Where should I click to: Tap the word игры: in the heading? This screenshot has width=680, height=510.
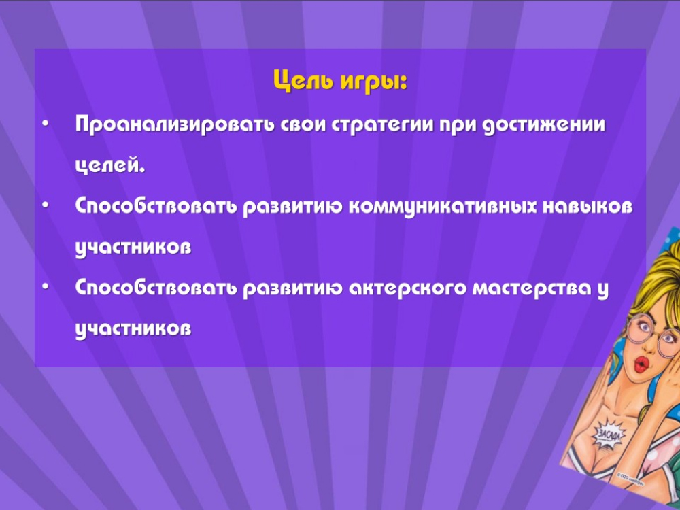coord(374,82)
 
